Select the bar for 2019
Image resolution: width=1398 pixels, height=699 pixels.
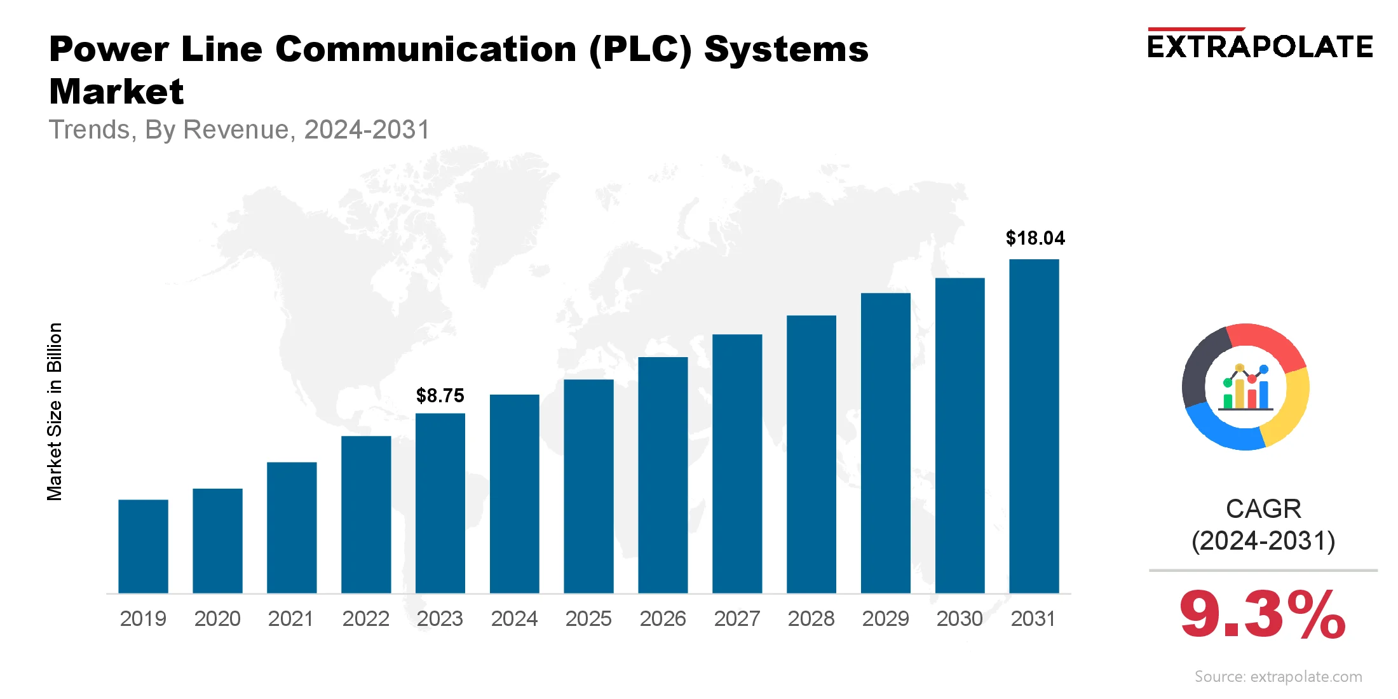(x=143, y=546)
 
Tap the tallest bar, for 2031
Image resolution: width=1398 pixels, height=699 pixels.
(x=1034, y=426)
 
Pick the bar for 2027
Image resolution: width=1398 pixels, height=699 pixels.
(x=737, y=464)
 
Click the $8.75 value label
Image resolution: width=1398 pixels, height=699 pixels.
(x=440, y=396)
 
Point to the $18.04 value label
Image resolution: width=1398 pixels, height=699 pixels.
(x=1035, y=238)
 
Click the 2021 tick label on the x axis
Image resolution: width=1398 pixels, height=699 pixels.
(x=291, y=618)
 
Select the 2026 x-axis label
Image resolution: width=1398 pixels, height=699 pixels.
(x=663, y=618)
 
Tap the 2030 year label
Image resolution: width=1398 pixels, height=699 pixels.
(x=960, y=618)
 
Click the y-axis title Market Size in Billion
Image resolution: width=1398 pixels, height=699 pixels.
(x=55, y=412)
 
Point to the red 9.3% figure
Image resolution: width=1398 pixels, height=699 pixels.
(x=1262, y=614)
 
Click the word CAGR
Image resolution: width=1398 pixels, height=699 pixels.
(x=1263, y=509)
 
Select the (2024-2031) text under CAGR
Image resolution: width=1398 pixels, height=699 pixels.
(x=1263, y=541)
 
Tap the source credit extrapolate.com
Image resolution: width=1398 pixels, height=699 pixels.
(x=1278, y=677)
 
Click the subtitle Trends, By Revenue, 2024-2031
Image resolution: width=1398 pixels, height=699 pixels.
(x=240, y=130)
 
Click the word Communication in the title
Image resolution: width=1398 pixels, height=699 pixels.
(x=426, y=49)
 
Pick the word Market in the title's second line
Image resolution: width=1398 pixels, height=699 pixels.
(x=116, y=92)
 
